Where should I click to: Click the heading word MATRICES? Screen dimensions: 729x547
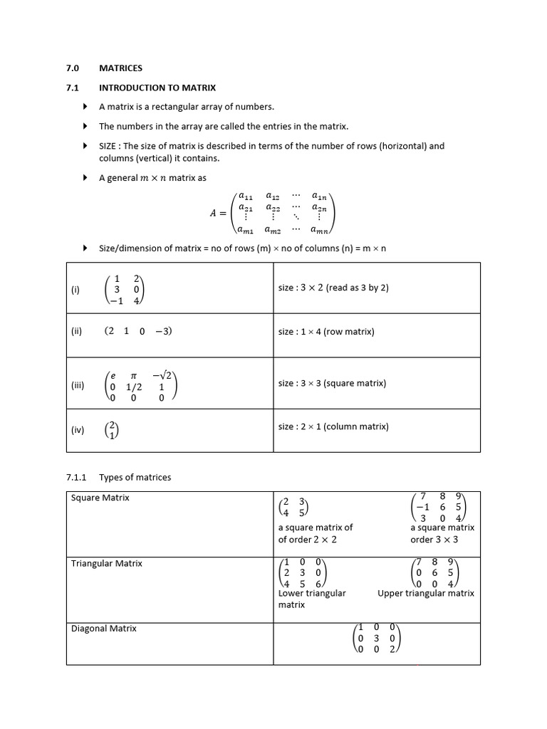click(x=120, y=68)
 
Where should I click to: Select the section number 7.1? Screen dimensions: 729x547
click(x=73, y=88)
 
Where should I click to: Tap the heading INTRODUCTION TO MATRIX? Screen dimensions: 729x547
click(x=157, y=88)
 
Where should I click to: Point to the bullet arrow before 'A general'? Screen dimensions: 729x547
click(x=85, y=178)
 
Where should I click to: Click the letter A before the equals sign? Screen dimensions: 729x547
click(x=213, y=212)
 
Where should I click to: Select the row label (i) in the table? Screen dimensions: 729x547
click(x=75, y=290)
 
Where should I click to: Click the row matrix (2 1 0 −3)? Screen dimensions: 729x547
click(x=138, y=331)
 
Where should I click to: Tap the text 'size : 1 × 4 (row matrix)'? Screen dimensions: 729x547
click(x=325, y=332)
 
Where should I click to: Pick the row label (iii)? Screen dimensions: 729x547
click(x=78, y=385)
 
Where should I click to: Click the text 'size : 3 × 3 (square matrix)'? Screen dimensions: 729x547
click(x=332, y=383)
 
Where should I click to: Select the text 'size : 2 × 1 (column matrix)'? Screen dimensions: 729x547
click(x=333, y=426)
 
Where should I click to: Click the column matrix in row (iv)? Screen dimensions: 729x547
click(x=111, y=429)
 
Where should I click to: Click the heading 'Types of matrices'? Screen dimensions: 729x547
click(x=135, y=477)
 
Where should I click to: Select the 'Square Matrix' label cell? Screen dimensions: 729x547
click(x=100, y=498)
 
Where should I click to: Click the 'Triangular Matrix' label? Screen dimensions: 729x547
click(x=106, y=563)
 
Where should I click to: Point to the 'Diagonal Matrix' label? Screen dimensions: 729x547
click(x=103, y=629)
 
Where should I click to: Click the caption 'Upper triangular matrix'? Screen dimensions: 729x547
click(x=425, y=593)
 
